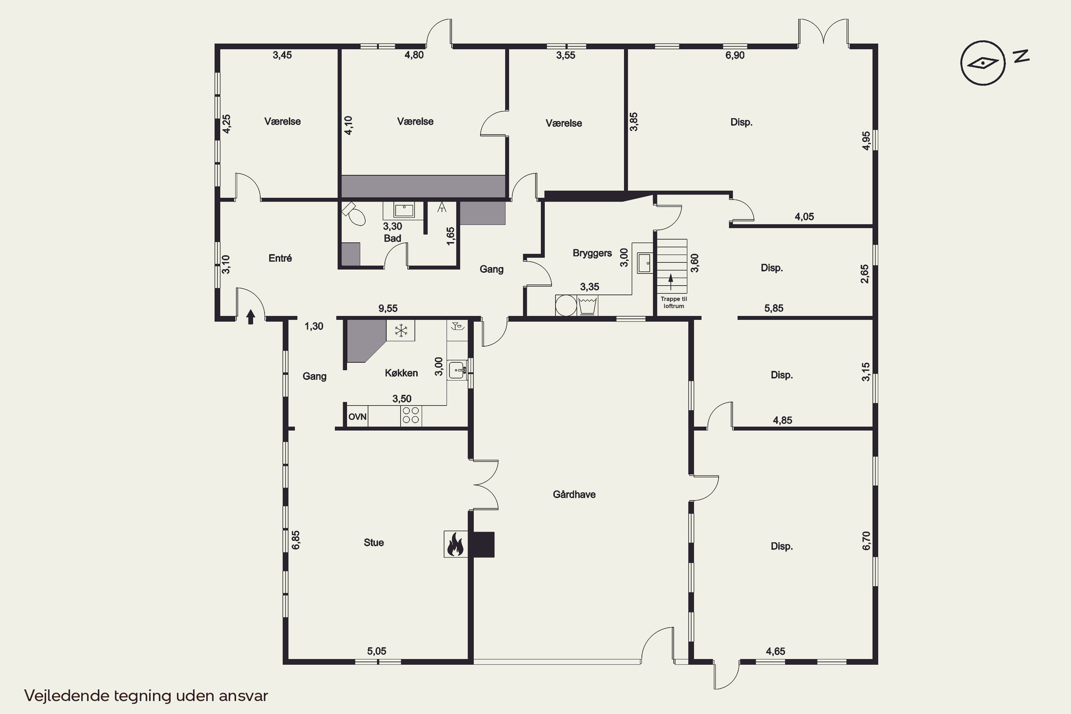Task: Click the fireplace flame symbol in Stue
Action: point(456,544)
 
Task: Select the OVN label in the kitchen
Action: point(357,417)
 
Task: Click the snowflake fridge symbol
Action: point(401,330)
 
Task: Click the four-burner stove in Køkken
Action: point(411,415)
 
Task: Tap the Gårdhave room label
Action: point(574,494)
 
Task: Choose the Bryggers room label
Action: point(592,253)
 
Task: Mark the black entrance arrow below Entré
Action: point(251,316)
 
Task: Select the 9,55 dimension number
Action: point(388,308)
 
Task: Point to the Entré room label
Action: point(280,258)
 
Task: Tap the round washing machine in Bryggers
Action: point(565,306)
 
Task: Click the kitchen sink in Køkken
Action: point(457,370)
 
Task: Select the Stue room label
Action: point(373,542)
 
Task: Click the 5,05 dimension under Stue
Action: point(377,651)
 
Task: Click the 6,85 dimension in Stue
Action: point(296,540)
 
